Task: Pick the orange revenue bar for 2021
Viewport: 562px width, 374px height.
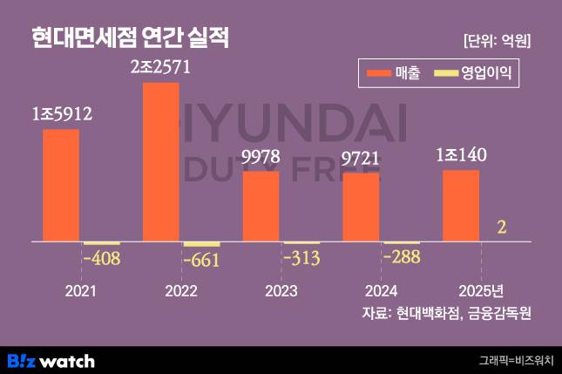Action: tap(61, 185)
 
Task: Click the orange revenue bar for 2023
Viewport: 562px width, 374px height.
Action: tap(261, 206)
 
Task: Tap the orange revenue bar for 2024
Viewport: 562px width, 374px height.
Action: tap(361, 207)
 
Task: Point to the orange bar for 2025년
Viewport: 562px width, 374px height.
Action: tap(461, 205)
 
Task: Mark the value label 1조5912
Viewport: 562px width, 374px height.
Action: tap(61, 114)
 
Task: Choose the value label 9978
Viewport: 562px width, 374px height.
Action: tap(261, 157)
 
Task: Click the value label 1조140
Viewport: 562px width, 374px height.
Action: tap(461, 156)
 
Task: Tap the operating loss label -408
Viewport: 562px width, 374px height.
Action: tap(101, 258)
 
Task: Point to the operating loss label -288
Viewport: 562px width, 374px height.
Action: tap(402, 257)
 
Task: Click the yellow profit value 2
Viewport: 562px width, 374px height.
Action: tap(501, 228)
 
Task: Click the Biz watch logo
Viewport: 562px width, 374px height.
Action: tap(51, 361)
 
